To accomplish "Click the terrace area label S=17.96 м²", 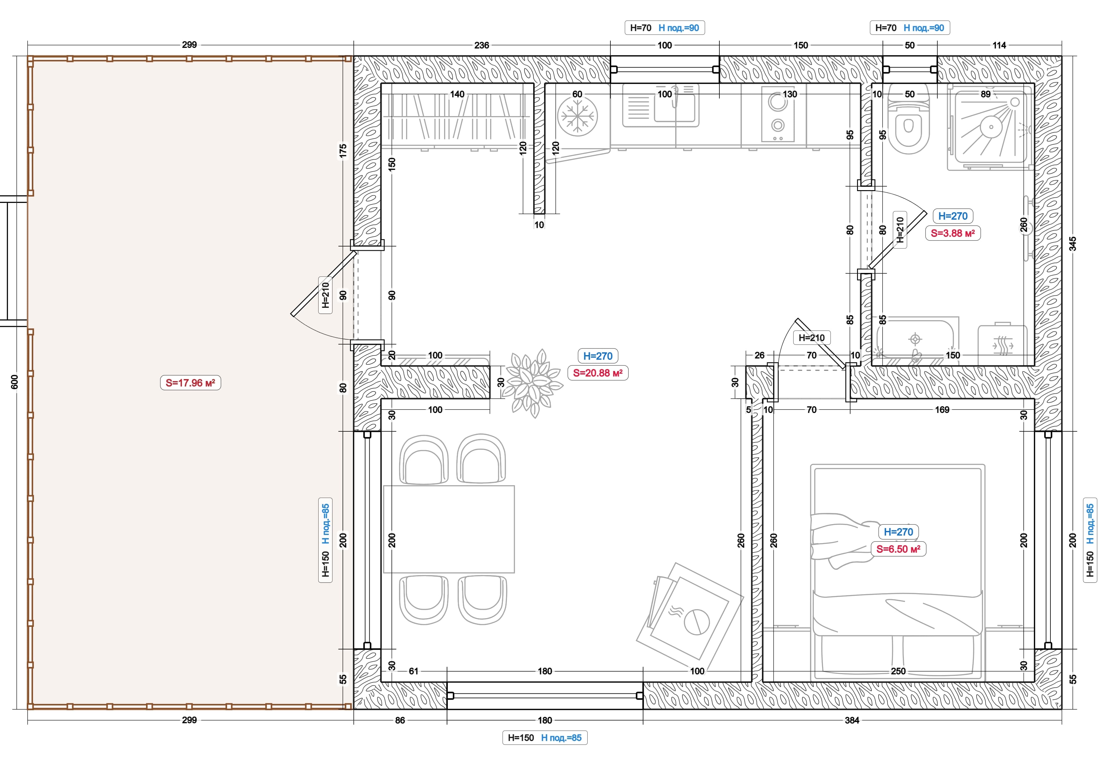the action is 191,383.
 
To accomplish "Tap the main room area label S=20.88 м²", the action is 598,373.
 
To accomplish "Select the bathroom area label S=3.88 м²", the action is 953,233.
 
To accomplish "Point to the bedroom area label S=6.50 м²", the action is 898,549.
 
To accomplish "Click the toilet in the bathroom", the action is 908,120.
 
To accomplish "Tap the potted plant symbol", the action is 534,383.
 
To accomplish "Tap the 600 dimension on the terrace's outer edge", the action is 14,382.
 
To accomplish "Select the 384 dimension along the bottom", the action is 852,720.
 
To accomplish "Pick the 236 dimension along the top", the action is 481,45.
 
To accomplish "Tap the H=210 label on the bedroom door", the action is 812,338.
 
